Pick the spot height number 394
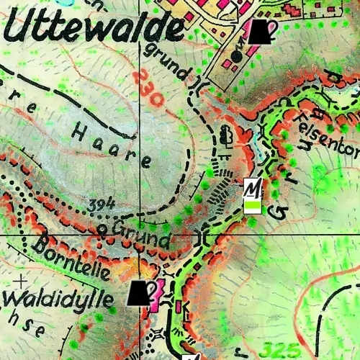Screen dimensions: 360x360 click(x=102, y=207)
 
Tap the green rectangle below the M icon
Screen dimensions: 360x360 click(x=252, y=207)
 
